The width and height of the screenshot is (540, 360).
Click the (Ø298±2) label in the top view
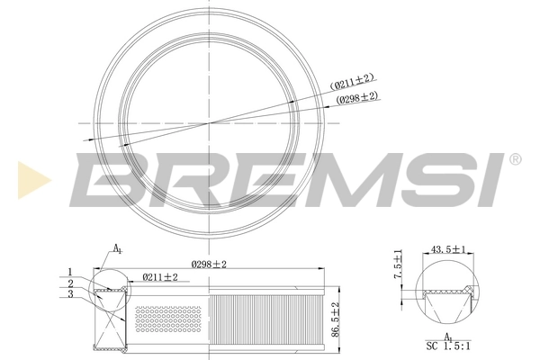pos(357,97)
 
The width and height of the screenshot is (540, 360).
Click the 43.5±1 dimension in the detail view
pos(448,249)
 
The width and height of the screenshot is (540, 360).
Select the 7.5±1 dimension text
pos(396,268)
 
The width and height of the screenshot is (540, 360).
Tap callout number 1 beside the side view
pos(69,272)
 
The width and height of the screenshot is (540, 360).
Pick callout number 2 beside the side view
pos(69,283)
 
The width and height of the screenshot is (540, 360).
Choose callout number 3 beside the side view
pos(69,294)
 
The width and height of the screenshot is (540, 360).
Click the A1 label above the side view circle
pos(117,248)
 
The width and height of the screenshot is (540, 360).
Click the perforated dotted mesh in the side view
pos(168,320)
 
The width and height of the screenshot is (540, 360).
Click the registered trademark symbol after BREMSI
pos(514,159)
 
